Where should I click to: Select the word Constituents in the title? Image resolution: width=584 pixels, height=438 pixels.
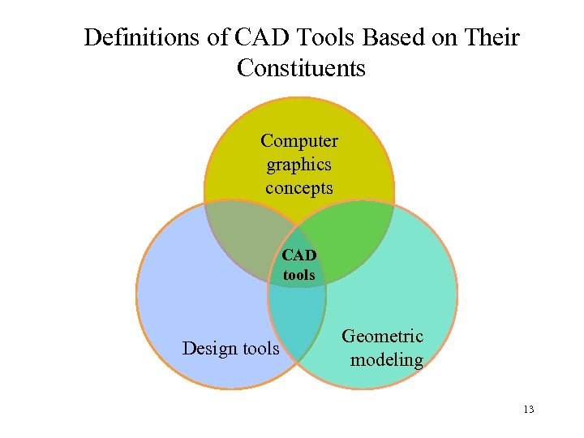301,69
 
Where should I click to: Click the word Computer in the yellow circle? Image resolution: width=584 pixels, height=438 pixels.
299,140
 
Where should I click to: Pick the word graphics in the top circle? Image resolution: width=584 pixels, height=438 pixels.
298,165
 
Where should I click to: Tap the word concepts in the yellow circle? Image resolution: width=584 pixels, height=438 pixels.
298,188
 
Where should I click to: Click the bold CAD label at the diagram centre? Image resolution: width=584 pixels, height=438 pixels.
299,255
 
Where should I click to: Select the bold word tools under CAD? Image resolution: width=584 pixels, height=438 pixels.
299,275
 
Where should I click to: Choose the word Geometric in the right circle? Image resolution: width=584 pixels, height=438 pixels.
383,336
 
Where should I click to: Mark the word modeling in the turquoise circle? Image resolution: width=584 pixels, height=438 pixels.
387,359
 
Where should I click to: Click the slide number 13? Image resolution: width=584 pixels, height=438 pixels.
528,410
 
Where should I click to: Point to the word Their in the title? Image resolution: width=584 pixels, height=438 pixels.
491,38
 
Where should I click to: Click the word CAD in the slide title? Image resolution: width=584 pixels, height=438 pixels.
255,38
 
